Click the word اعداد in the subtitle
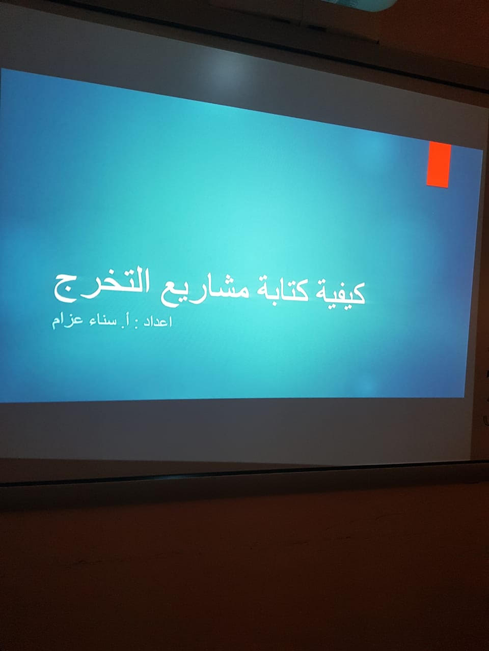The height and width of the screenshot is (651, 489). pos(158,322)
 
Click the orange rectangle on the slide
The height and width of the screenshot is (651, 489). pos(439,164)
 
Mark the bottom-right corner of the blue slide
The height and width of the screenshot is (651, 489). pos(464,397)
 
